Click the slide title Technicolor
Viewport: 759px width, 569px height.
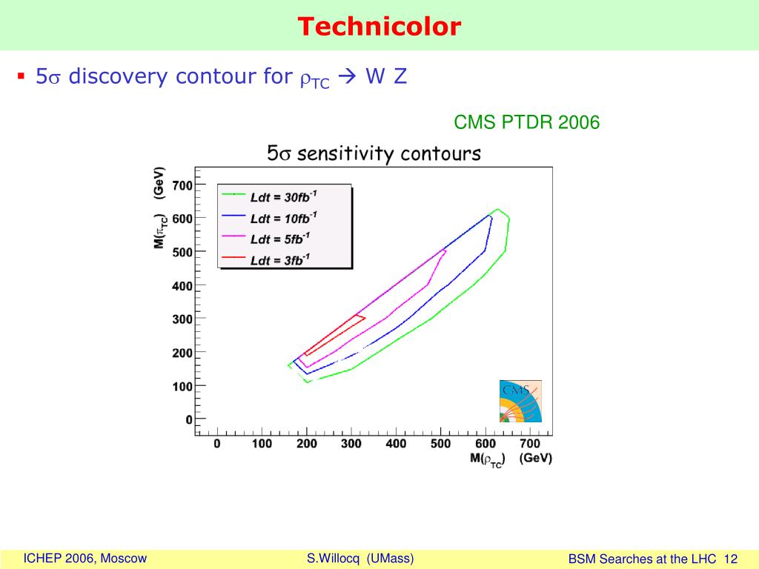pyautogui.click(x=379, y=26)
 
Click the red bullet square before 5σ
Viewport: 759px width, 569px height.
pyautogui.click(x=21, y=76)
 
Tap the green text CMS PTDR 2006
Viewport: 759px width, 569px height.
pyautogui.click(x=527, y=122)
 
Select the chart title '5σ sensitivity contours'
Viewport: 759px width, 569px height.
pyautogui.click(x=374, y=153)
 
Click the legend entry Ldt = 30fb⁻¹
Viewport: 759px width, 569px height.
pyautogui.click(x=284, y=196)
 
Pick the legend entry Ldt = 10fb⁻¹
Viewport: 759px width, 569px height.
pyautogui.click(x=284, y=219)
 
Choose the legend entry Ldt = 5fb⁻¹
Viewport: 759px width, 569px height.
pyautogui.click(x=280, y=239)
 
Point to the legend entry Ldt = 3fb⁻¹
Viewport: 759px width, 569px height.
pyautogui.click(x=280, y=260)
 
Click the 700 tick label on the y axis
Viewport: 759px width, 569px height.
pyautogui.click(x=182, y=185)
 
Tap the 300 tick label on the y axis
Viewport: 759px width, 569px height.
pyautogui.click(x=182, y=319)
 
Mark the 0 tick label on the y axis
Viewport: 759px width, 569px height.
pyautogui.click(x=189, y=419)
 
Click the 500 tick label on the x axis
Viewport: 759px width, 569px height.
pyautogui.click(x=440, y=444)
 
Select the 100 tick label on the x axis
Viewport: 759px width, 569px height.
pyautogui.click(x=262, y=444)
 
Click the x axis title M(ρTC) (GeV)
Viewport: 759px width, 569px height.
pyautogui.click(x=511, y=459)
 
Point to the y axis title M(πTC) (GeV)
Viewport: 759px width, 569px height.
pyautogui.click(x=160, y=207)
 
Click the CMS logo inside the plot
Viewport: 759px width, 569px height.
pyautogui.click(x=520, y=401)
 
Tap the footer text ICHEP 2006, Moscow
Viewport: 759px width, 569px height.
pyautogui.click(x=84, y=559)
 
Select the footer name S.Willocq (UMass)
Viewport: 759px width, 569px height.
pyautogui.click(x=360, y=559)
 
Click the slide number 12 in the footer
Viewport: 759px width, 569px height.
pyautogui.click(x=731, y=559)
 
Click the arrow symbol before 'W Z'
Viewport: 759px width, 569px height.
pyautogui.click(x=348, y=76)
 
